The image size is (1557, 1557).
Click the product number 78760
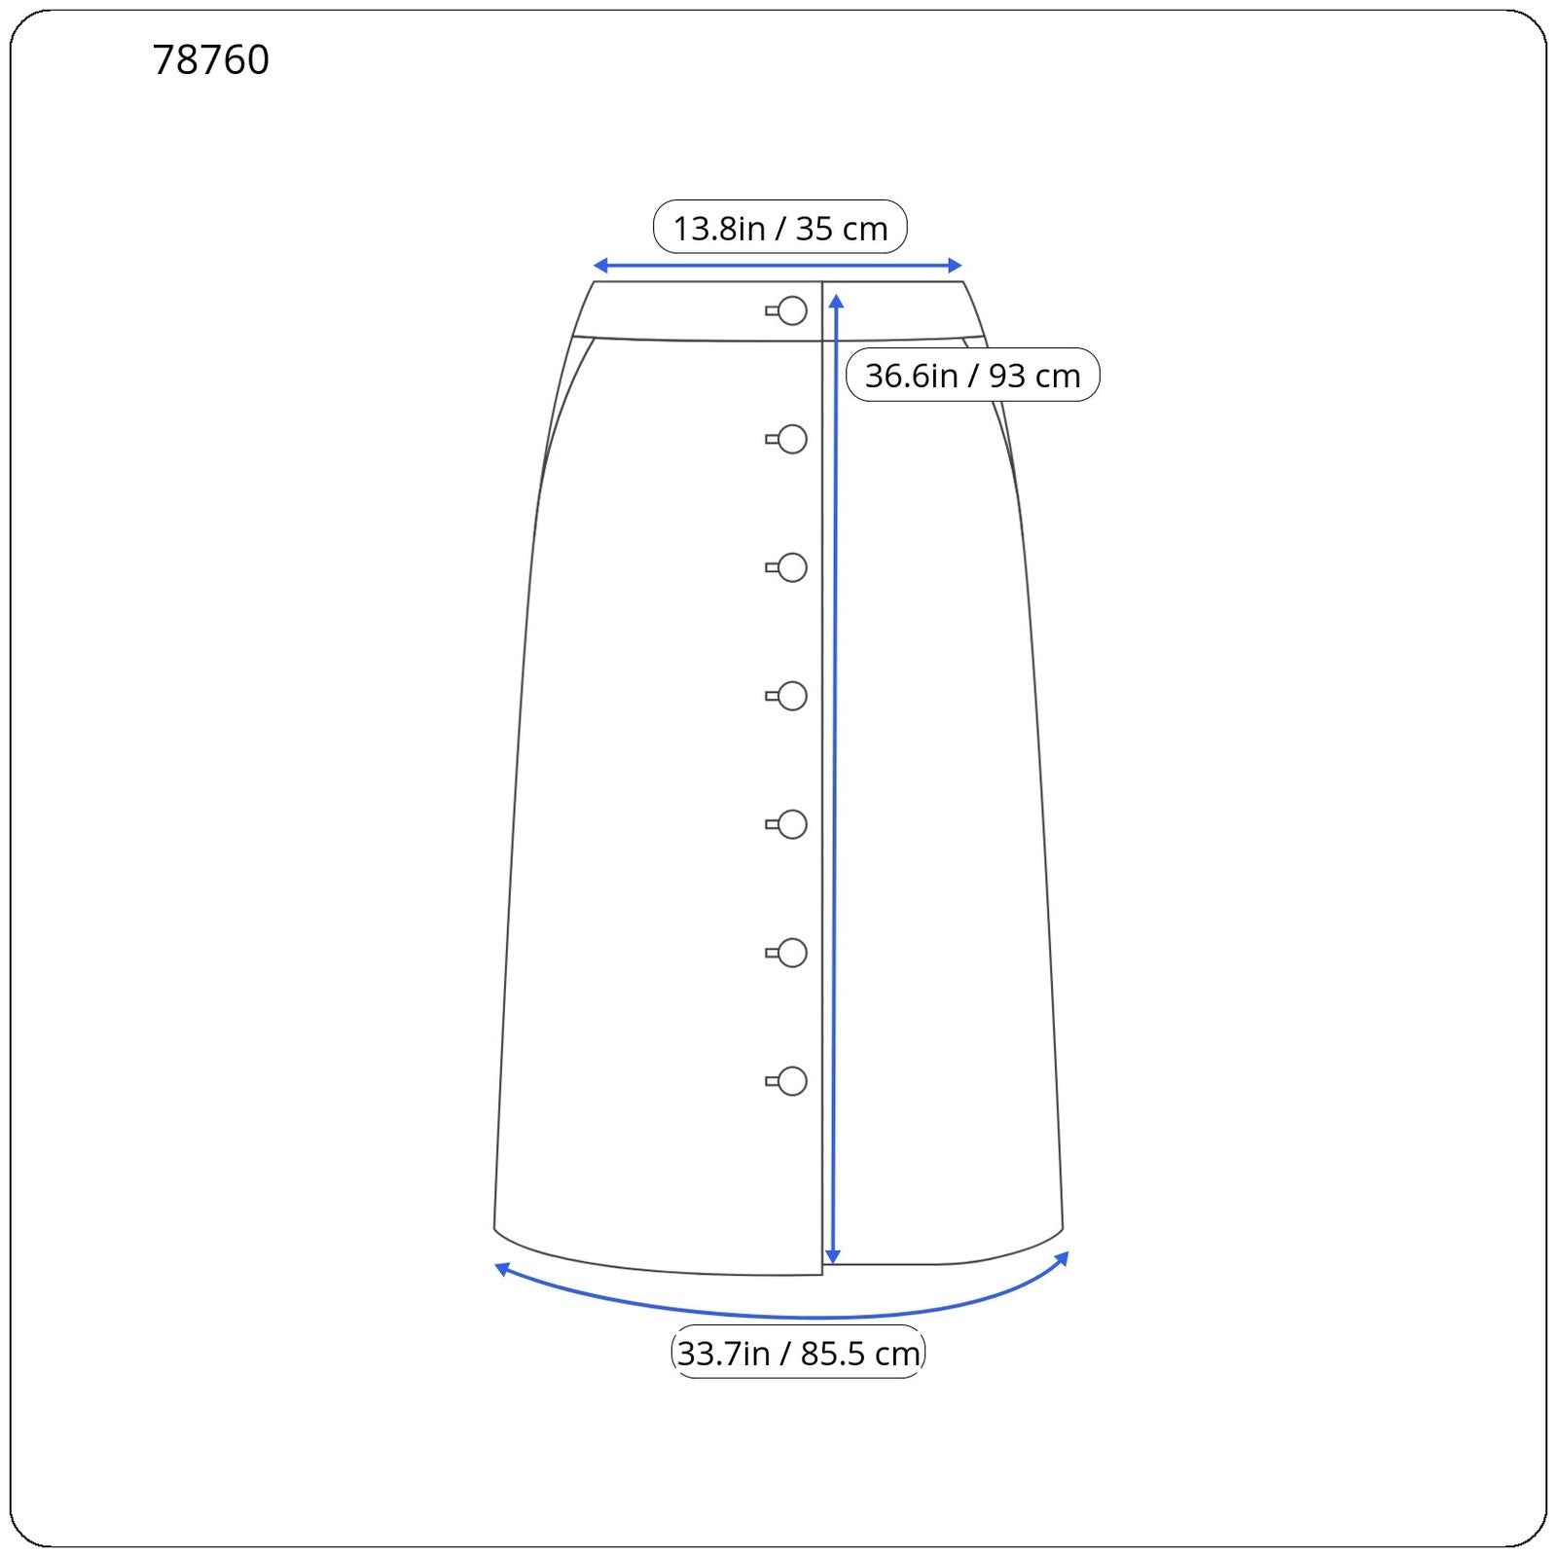click(211, 60)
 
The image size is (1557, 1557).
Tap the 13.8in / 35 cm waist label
click(780, 229)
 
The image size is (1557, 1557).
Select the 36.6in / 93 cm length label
click(973, 376)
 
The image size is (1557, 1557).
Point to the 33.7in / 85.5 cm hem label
click(798, 1353)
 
